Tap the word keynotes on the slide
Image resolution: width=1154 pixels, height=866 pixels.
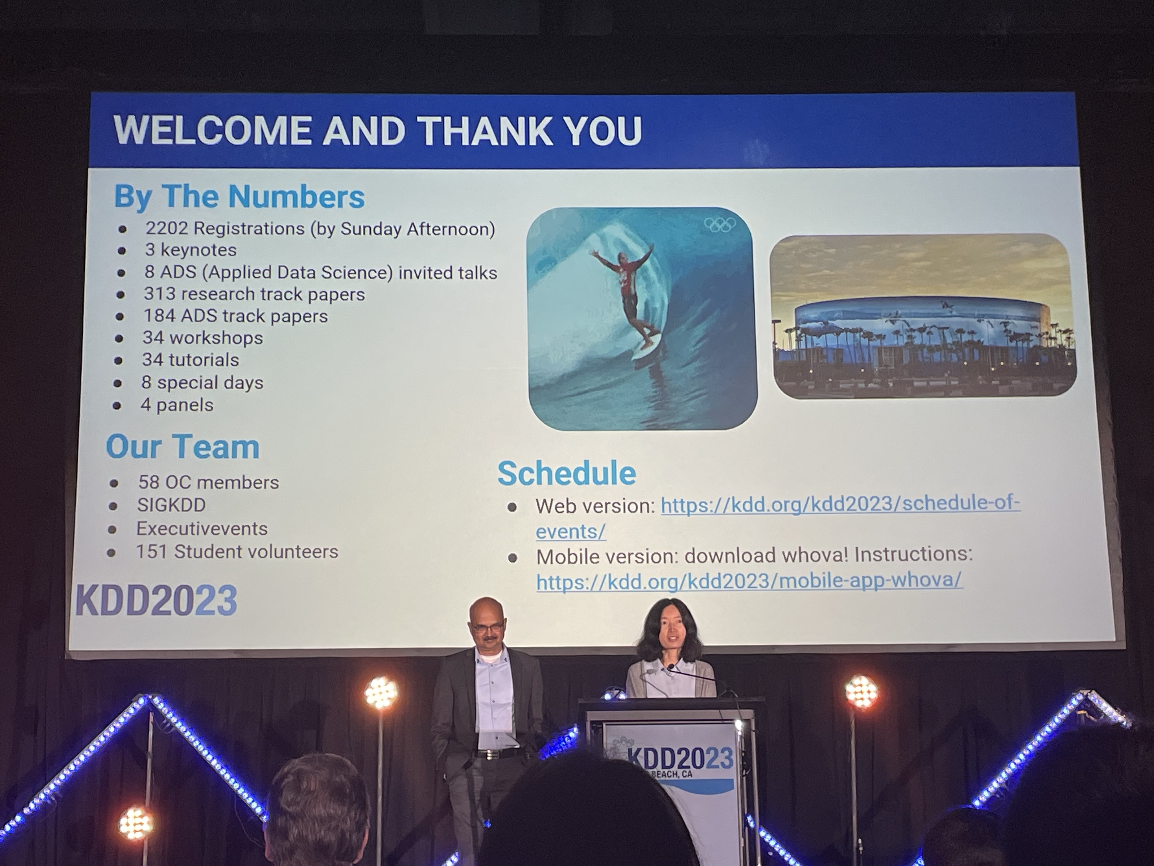pos(198,250)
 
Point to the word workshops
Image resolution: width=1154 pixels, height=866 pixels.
pos(216,338)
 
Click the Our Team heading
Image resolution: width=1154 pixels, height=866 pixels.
pos(183,447)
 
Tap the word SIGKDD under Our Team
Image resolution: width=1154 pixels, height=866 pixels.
pos(171,505)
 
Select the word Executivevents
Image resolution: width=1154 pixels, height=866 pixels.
pos(202,529)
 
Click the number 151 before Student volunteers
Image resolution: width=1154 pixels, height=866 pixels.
pos(151,552)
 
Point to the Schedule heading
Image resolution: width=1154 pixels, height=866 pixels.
pos(567,473)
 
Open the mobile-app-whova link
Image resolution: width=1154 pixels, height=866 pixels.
pos(749,581)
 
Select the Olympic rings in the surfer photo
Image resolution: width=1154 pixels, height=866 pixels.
pos(720,225)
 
